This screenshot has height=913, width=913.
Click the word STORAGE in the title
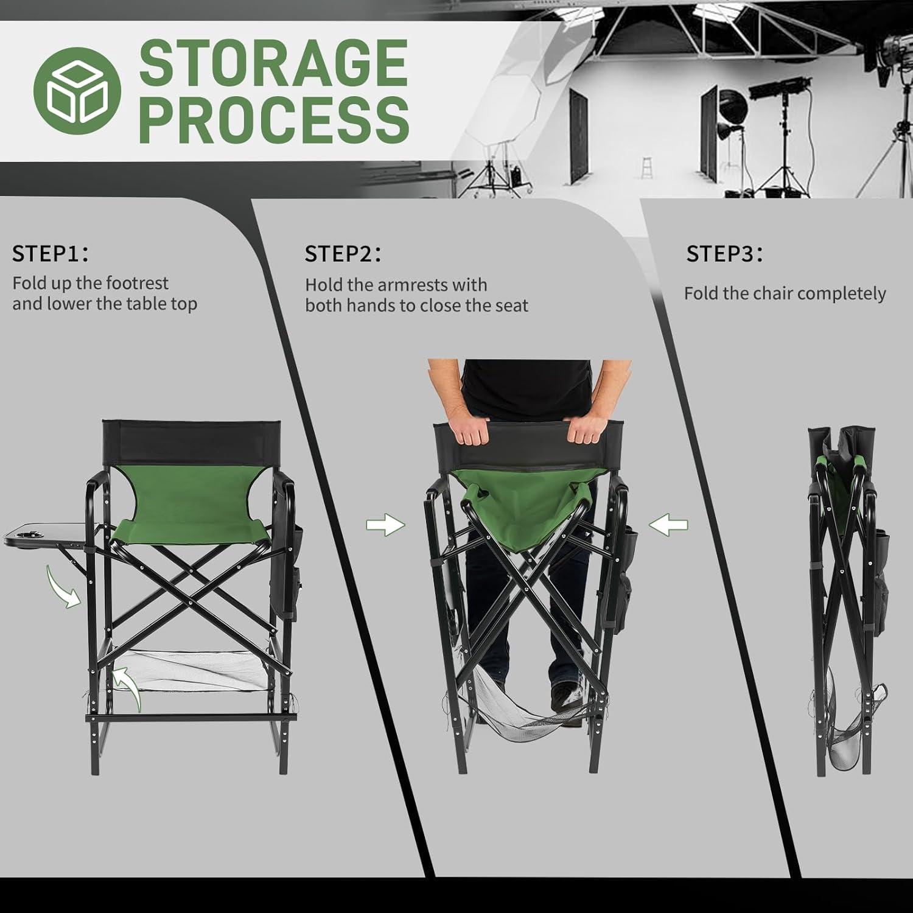[273, 63]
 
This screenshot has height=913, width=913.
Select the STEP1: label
[50, 254]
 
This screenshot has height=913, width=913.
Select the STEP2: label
[343, 254]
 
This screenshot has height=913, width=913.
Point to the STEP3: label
[724, 254]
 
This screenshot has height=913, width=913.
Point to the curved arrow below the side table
[63, 585]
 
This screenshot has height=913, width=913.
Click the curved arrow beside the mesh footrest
[128, 688]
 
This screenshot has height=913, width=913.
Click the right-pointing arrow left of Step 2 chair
[385, 524]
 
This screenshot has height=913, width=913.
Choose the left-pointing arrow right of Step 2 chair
[668, 524]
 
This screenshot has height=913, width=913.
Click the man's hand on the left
[472, 429]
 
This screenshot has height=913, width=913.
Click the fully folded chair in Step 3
[847, 603]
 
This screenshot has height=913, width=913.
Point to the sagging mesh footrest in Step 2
[526, 718]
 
